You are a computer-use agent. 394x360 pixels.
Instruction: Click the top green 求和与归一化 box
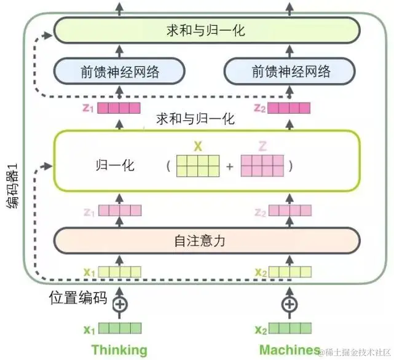point(205,29)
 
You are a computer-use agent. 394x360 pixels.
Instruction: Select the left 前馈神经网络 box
point(120,71)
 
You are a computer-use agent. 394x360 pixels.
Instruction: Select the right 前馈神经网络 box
point(291,71)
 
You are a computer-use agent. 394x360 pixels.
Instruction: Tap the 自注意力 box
point(205,241)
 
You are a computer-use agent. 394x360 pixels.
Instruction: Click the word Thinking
point(120,350)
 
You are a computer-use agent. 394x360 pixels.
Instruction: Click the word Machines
point(290,350)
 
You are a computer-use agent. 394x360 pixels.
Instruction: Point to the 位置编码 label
point(78,299)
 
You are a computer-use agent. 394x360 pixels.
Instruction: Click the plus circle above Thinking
point(120,304)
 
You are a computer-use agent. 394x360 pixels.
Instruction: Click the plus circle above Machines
point(289,304)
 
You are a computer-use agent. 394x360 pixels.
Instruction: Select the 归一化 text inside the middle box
point(115,166)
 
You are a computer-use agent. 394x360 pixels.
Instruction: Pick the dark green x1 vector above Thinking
point(120,329)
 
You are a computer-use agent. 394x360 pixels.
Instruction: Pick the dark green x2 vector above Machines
point(290,329)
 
